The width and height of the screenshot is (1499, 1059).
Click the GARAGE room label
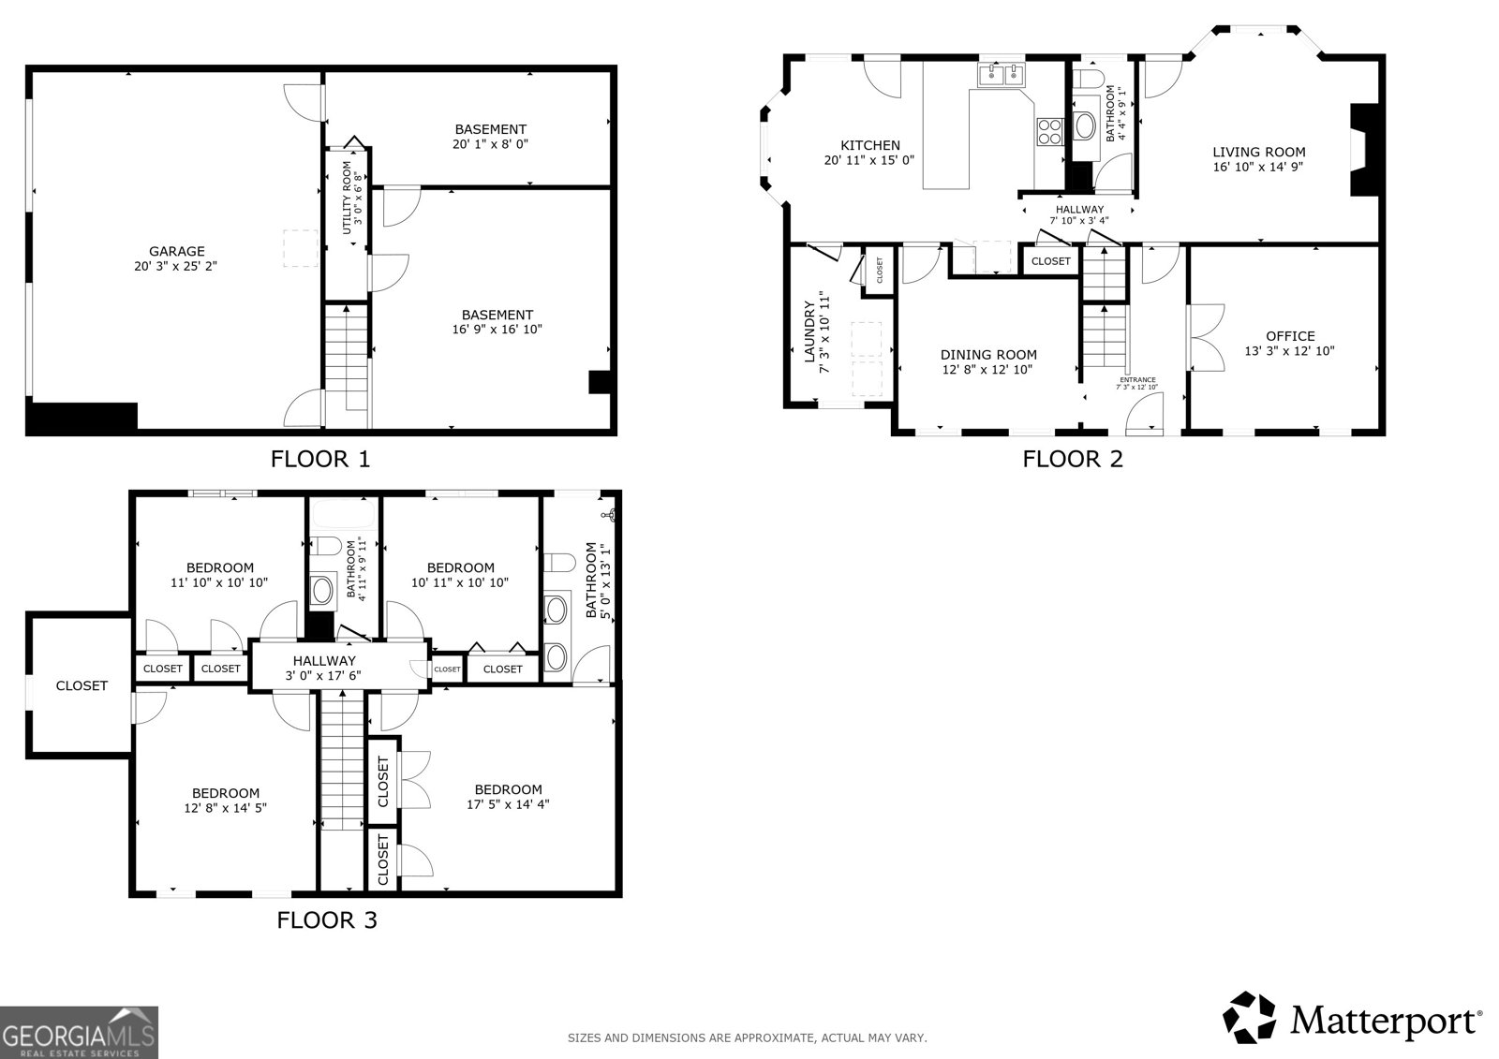[x=176, y=251]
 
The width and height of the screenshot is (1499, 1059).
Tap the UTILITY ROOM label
[x=346, y=198]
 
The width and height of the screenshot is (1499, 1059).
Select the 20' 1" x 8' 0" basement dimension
[x=490, y=144]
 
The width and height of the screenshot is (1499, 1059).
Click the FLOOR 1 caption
[x=320, y=459]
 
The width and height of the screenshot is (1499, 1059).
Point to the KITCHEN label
[x=869, y=145]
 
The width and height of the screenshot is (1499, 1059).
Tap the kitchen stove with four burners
[x=1048, y=131]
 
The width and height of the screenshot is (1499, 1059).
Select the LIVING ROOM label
[x=1258, y=152]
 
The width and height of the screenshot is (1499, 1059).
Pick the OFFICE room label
[x=1290, y=336]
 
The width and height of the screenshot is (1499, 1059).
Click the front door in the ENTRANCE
[x=1144, y=415]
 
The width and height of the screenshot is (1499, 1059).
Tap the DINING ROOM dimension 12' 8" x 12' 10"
[x=988, y=369]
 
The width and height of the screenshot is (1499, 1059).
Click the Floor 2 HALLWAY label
[x=1079, y=210]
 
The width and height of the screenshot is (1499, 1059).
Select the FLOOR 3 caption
[x=326, y=920]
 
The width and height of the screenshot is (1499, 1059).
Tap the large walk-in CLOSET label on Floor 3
[x=82, y=685]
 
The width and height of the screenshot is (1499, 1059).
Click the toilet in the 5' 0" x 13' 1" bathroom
[x=558, y=562]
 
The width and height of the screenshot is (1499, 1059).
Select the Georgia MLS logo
[x=79, y=1032]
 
